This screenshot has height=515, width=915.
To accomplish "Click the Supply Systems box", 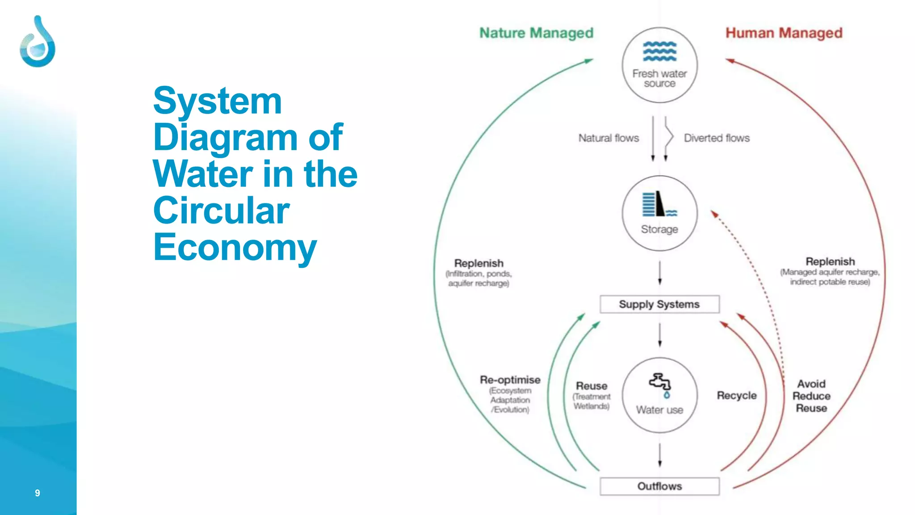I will pyautogui.click(x=659, y=304).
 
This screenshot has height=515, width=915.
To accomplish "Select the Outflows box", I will pyautogui.click(x=659, y=486).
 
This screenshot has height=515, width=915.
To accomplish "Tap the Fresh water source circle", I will pyautogui.click(x=659, y=65).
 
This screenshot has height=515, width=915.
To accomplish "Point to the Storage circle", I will pyautogui.click(x=659, y=213).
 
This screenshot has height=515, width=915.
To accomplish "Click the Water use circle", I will pyautogui.click(x=659, y=395).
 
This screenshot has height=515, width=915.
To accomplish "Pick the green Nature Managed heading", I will pyautogui.click(x=536, y=33).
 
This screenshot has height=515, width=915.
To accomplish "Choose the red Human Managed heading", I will pyautogui.click(x=784, y=33).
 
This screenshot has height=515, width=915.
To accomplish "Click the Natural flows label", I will pyautogui.click(x=609, y=138).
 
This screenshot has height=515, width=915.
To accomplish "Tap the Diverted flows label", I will pyautogui.click(x=717, y=138).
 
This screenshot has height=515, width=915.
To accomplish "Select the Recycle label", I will pyautogui.click(x=737, y=396).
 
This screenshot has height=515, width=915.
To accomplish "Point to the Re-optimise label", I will pyautogui.click(x=510, y=380).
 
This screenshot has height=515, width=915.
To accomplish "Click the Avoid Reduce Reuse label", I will pyautogui.click(x=811, y=396).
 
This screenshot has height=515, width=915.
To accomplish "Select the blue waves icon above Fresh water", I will pyautogui.click(x=659, y=51).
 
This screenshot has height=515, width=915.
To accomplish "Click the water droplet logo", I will pyautogui.click(x=38, y=42).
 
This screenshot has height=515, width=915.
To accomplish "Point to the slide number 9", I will pyautogui.click(x=38, y=493).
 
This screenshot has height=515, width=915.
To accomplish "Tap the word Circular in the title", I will pyautogui.click(x=222, y=211).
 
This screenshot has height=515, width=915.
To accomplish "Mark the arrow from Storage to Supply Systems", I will pyautogui.click(x=659, y=273).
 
